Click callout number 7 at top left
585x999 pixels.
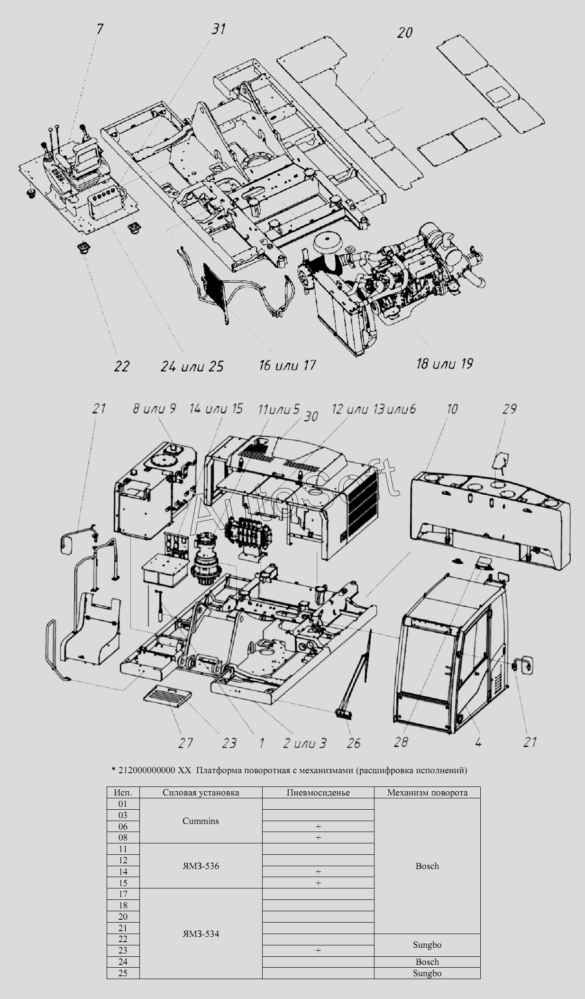tap(99, 29)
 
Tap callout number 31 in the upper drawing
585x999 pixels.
tap(218, 29)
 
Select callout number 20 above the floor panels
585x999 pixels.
tap(404, 32)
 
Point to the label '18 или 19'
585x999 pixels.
tap(444, 363)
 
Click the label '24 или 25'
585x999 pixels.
tap(192, 366)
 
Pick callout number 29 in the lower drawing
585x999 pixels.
tap(509, 408)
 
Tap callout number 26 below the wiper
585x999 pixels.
tap(354, 743)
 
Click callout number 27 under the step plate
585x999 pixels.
tap(185, 743)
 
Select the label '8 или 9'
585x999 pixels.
tap(155, 408)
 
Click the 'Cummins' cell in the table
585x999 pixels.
tap(201, 821)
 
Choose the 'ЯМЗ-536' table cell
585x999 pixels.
tap(201, 866)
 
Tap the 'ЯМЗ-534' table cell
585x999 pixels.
tap(201, 934)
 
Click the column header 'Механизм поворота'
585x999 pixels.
tap(427, 793)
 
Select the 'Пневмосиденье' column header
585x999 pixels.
tap(318, 793)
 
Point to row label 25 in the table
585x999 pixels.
tap(123, 973)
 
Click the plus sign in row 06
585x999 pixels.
tap(318, 827)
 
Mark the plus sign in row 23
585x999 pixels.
tap(318, 951)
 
